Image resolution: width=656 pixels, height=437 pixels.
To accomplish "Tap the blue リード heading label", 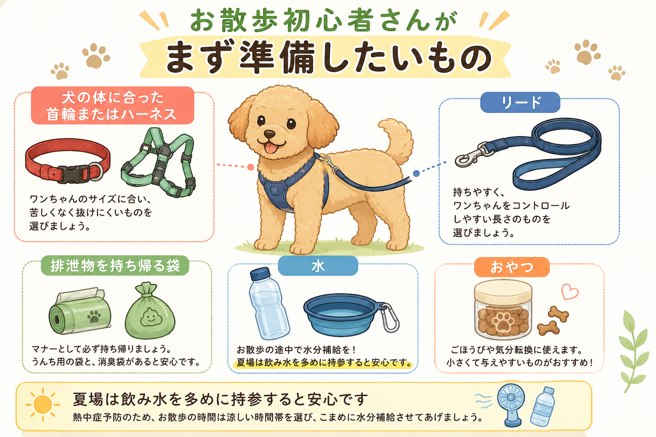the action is coord(520,102).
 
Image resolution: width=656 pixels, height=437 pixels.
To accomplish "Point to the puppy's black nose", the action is coord(269,134).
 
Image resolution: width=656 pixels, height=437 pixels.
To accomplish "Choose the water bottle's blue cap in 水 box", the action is coord(260,274).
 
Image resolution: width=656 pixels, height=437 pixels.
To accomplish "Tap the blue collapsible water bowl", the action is coord(341,315).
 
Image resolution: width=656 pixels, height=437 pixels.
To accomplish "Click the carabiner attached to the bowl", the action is coord(390,318).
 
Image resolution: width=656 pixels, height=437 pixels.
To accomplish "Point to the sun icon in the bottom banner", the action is coord(43,405).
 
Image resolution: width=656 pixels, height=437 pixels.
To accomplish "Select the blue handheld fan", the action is coord(511,404).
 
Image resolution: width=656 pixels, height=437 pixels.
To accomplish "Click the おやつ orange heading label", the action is coord(512,267).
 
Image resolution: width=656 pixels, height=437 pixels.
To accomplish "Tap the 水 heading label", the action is coord(318,266).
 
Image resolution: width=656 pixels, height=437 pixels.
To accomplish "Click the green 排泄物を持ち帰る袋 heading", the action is coord(115,265).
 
